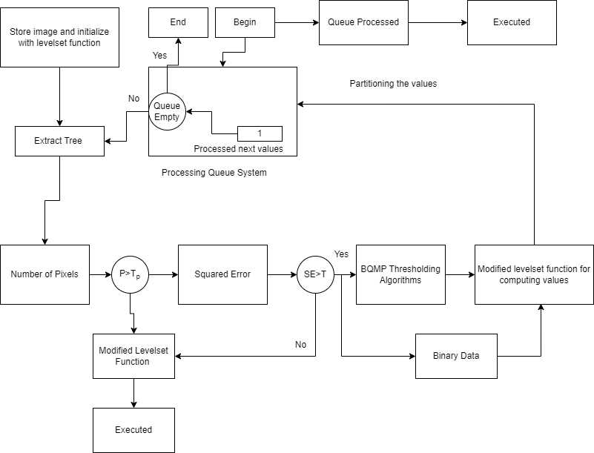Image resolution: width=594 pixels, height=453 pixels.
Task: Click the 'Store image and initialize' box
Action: [59, 37]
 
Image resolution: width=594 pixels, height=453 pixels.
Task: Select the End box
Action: [178, 22]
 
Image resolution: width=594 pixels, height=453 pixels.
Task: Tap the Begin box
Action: [245, 22]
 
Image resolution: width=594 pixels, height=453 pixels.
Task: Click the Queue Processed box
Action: [363, 22]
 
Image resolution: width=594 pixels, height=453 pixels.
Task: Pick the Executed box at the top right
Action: [512, 22]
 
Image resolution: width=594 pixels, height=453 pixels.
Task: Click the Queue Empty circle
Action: [167, 111]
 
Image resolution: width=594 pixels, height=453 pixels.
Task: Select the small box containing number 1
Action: [260, 133]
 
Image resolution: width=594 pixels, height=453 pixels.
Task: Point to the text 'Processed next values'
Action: [238, 149]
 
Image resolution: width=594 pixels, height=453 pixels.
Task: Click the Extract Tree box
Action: [59, 141]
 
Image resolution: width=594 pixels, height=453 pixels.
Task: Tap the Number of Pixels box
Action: [44, 274]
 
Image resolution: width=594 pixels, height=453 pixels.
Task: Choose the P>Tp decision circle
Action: [130, 274]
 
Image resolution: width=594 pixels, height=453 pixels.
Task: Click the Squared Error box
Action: [222, 274]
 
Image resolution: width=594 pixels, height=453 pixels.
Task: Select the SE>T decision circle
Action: [315, 274]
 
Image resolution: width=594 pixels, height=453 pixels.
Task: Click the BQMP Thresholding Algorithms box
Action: [400, 274]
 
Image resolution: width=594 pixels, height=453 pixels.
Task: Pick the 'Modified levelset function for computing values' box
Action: [534, 274]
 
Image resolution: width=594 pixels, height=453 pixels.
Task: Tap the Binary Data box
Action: [456, 356]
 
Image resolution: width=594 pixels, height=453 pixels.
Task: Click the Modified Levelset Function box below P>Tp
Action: [133, 356]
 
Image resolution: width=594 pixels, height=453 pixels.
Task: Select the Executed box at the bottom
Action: [133, 430]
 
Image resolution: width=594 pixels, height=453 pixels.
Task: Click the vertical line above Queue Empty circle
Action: [167, 80]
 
